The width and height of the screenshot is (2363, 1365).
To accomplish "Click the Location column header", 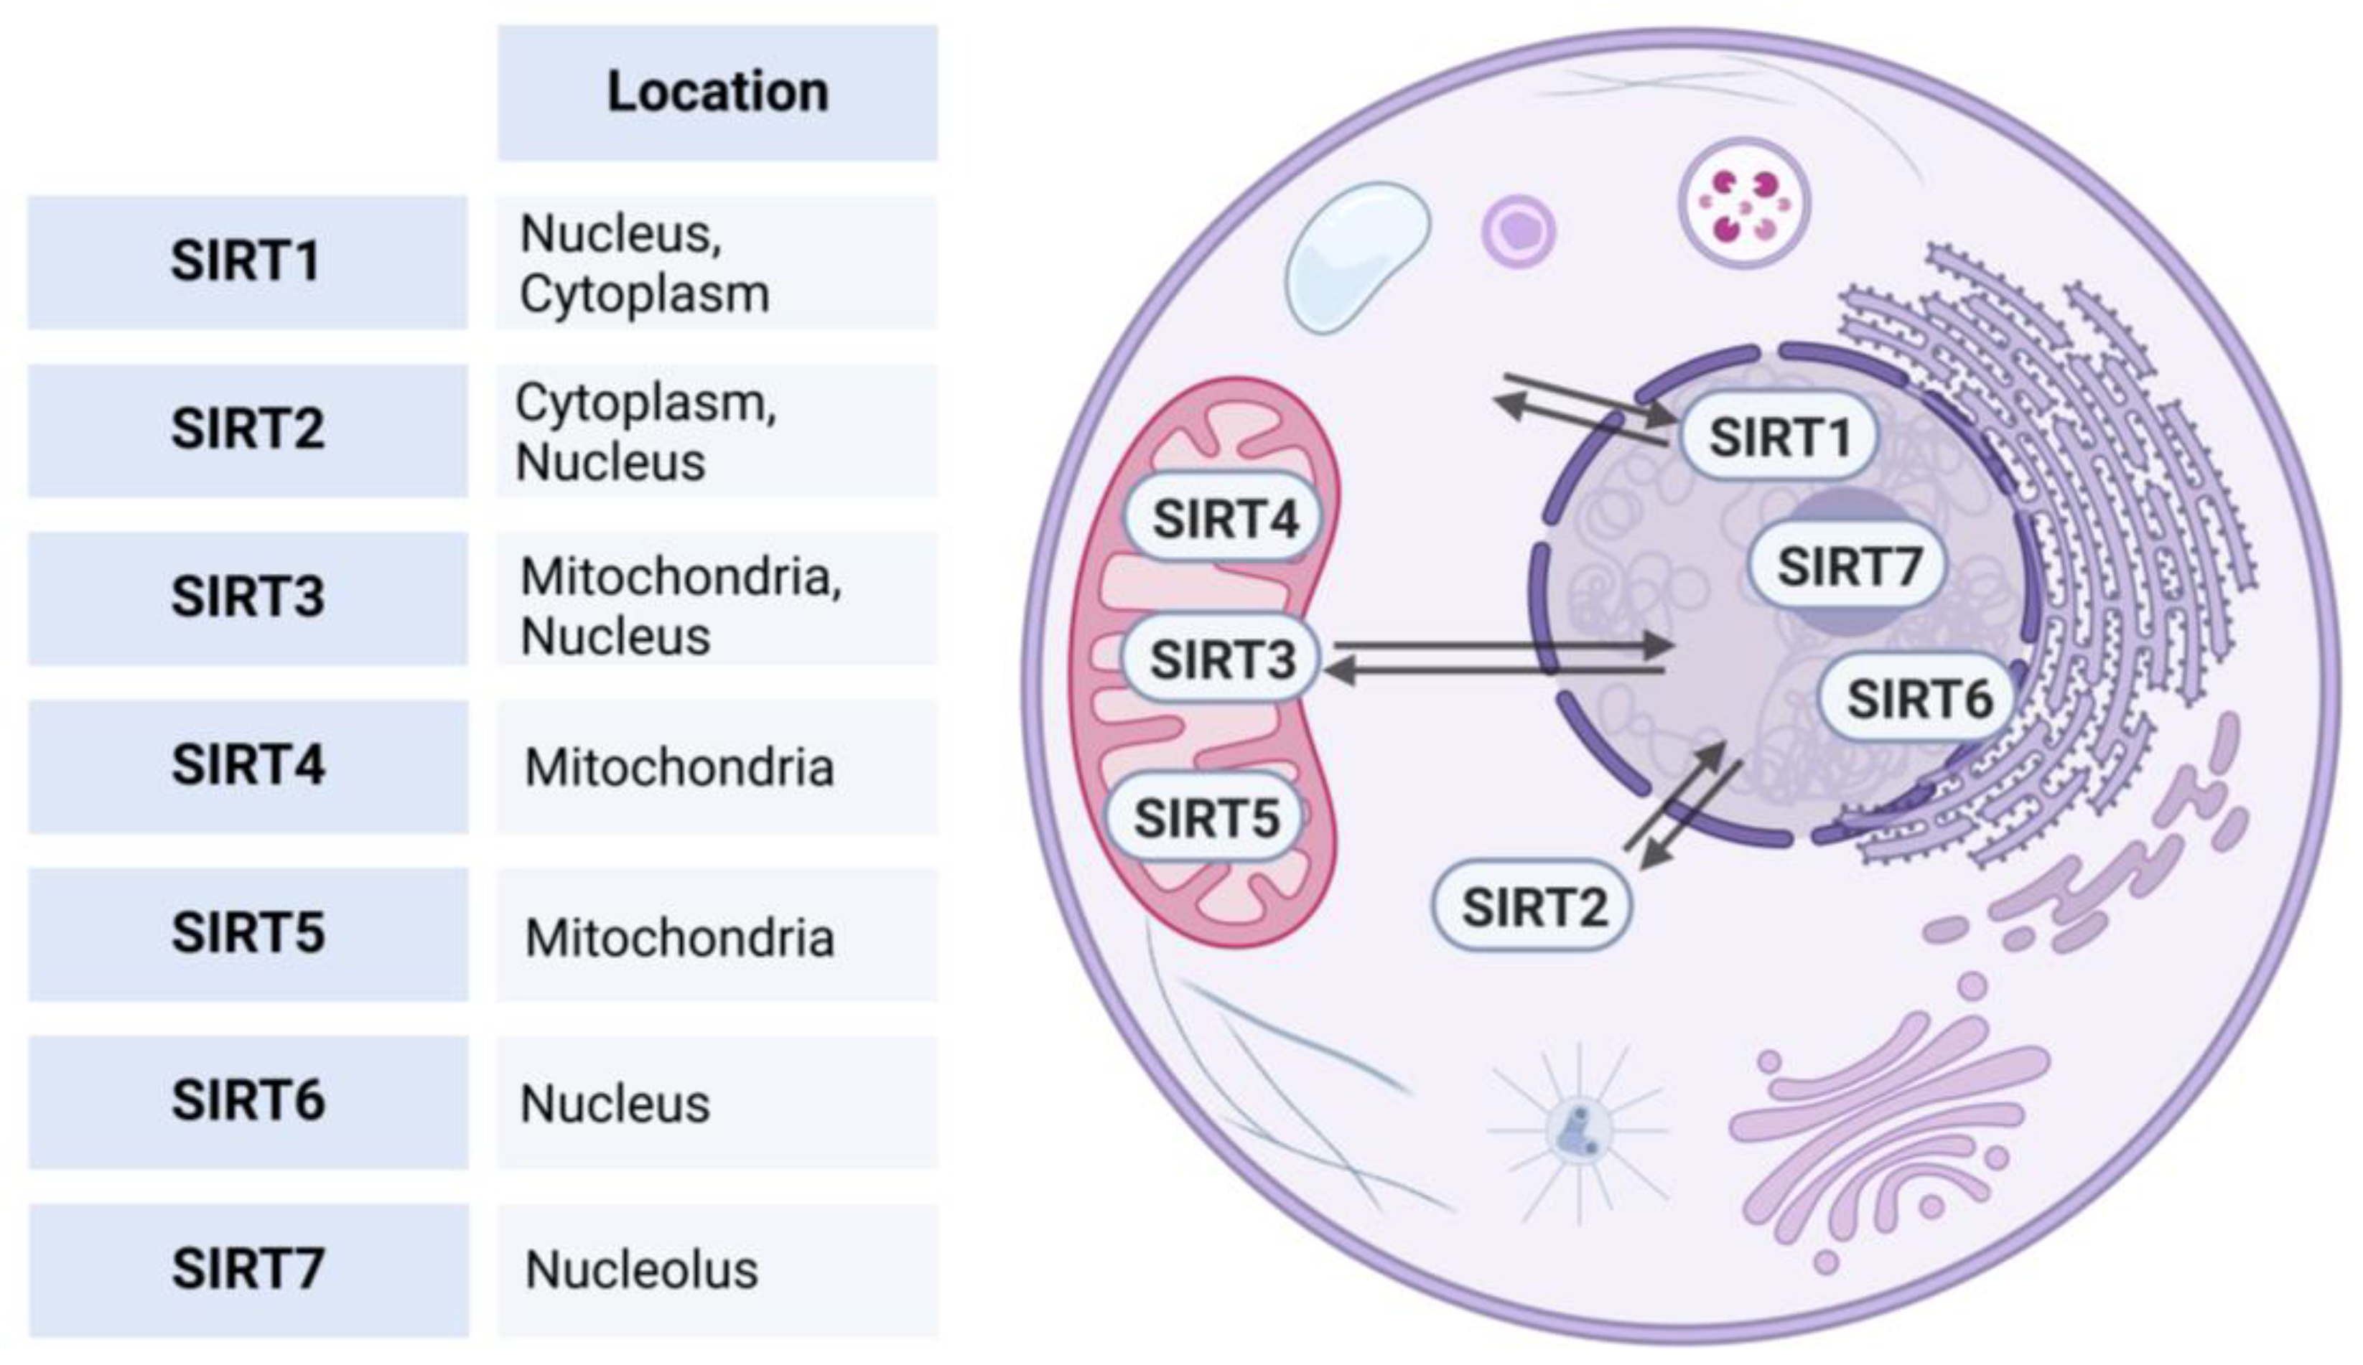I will [x=717, y=93].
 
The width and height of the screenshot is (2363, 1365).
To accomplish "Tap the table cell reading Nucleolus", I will [x=717, y=1270].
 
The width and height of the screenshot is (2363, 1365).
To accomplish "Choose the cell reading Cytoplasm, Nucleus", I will [x=717, y=431].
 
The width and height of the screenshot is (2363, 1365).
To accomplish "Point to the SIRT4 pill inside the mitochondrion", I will [x=1224, y=518].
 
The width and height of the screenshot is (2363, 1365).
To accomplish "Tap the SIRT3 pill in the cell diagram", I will [x=1222, y=659].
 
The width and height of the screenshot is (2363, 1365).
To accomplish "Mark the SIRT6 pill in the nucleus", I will [x=1919, y=698].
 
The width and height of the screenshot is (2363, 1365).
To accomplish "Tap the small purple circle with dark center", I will [x=1518, y=230].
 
